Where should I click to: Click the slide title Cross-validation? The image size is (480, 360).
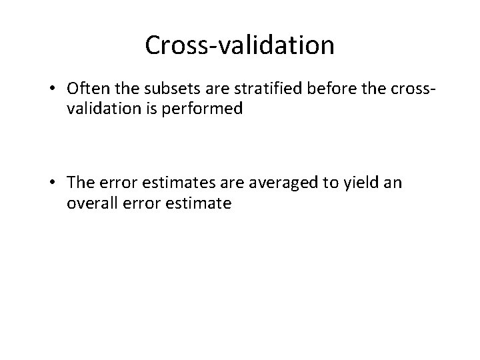coord(239,45)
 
